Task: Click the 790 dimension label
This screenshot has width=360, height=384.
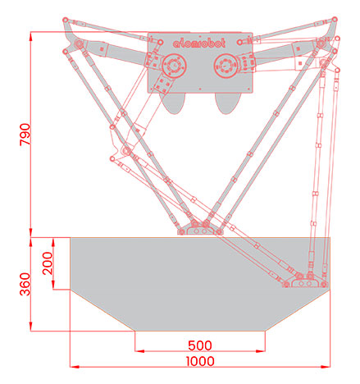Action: point(25,135)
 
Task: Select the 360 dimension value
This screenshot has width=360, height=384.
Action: point(25,284)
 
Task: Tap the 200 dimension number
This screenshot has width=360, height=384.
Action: point(48,263)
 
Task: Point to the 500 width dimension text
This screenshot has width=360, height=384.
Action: point(200,345)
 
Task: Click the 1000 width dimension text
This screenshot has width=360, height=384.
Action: point(200,361)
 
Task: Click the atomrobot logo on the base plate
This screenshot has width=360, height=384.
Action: point(199,43)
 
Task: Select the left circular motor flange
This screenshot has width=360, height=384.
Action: point(174,66)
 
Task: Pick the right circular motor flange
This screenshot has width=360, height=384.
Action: point(226,66)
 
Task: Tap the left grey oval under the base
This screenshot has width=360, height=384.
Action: point(174,103)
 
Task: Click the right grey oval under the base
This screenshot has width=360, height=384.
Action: point(227,103)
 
